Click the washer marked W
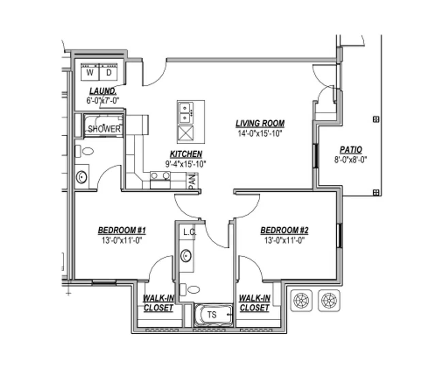pyautogui.click(x=90, y=72)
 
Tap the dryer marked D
pyautogui.click(x=109, y=72)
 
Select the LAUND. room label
pyautogui.click(x=103, y=91)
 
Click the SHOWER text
pyautogui.click(x=104, y=129)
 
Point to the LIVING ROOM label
pyautogui.click(x=260, y=123)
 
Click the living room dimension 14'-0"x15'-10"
pyautogui.click(x=260, y=134)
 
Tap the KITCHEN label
pyautogui.click(x=186, y=154)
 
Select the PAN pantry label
pyautogui.click(x=192, y=181)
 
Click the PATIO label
pyautogui.click(x=351, y=150)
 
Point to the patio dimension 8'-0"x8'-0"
pyautogui.click(x=351, y=159)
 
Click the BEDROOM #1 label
pyautogui.click(x=122, y=230)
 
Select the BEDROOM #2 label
pyautogui.click(x=284, y=230)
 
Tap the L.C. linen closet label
pyautogui.click(x=189, y=232)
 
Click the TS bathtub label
pyautogui.click(x=212, y=315)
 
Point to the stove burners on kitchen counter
pyautogui.click(x=160, y=176)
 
